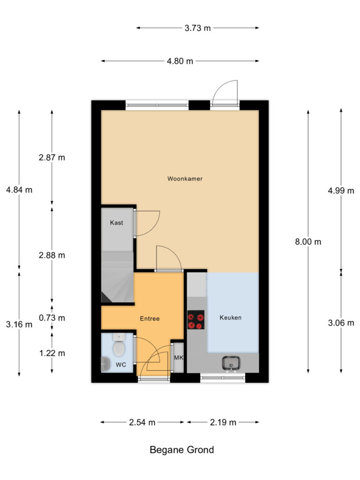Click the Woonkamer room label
185,179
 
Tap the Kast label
117,223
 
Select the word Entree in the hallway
150,319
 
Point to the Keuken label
231,317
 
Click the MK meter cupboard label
178,358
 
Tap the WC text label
120,364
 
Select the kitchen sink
231,362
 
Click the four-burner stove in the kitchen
196,321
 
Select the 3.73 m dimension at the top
197,28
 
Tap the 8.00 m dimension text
308,242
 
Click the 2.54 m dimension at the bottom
142,422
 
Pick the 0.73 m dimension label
52,318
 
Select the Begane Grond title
182,450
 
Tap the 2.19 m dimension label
222,422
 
